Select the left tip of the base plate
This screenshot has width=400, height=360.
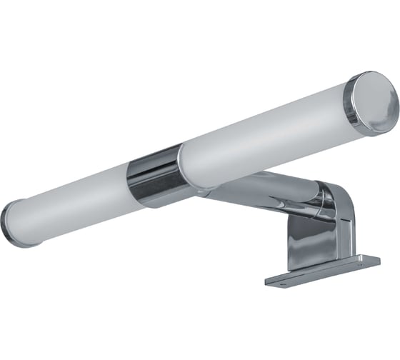[x=267, y=281]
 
